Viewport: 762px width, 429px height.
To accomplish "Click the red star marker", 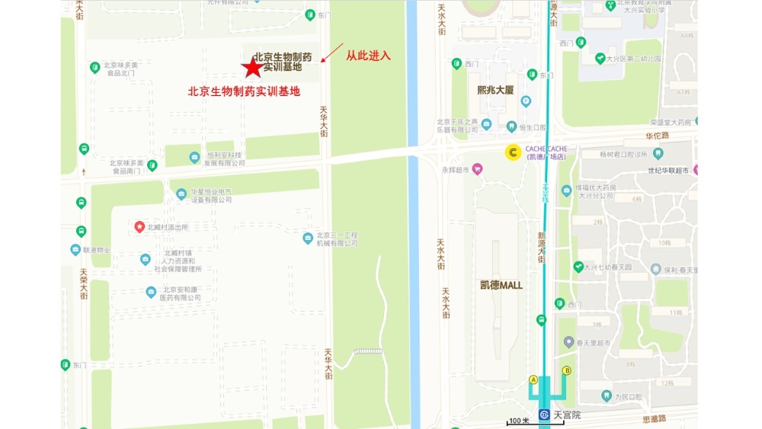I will click(251, 68).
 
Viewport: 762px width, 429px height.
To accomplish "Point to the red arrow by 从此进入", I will click(332, 53).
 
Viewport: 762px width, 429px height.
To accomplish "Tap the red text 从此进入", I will click(368, 56).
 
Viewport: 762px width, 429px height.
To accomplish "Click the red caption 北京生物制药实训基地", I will click(244, 91).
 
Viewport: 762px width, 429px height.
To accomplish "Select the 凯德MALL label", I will click(501, 285).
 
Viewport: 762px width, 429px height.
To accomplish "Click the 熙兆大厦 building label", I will click(495, 90).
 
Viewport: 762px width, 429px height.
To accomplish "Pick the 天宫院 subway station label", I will click(566, 415).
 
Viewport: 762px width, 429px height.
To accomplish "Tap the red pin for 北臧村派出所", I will click(139, 226).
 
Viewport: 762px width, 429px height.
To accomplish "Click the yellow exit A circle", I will click(533, 379).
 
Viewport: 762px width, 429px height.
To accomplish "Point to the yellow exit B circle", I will click(566, 371).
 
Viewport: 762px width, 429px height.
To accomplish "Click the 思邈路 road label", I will click(654, 418).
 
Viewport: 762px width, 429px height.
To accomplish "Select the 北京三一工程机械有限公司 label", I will click(337, 239).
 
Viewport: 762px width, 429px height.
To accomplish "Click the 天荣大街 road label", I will click(83, 283).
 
